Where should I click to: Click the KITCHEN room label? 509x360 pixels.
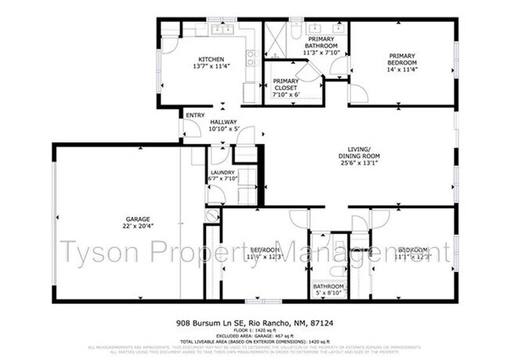[x=211, y=59]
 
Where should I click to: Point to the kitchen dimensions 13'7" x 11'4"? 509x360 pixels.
[x=211, y=67]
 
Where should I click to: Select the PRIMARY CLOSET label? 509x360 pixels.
[x=285, y=85]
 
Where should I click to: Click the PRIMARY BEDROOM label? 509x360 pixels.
[x=402, y=59]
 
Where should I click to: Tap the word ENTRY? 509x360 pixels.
[x=195, y=115]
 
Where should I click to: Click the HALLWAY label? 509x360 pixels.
[x=223, y=122]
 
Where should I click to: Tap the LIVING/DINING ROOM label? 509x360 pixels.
[x=364, y=153]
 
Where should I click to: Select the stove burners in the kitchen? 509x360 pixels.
[x=251, y=58]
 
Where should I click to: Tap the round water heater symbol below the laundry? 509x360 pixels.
[x=211, y=215]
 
